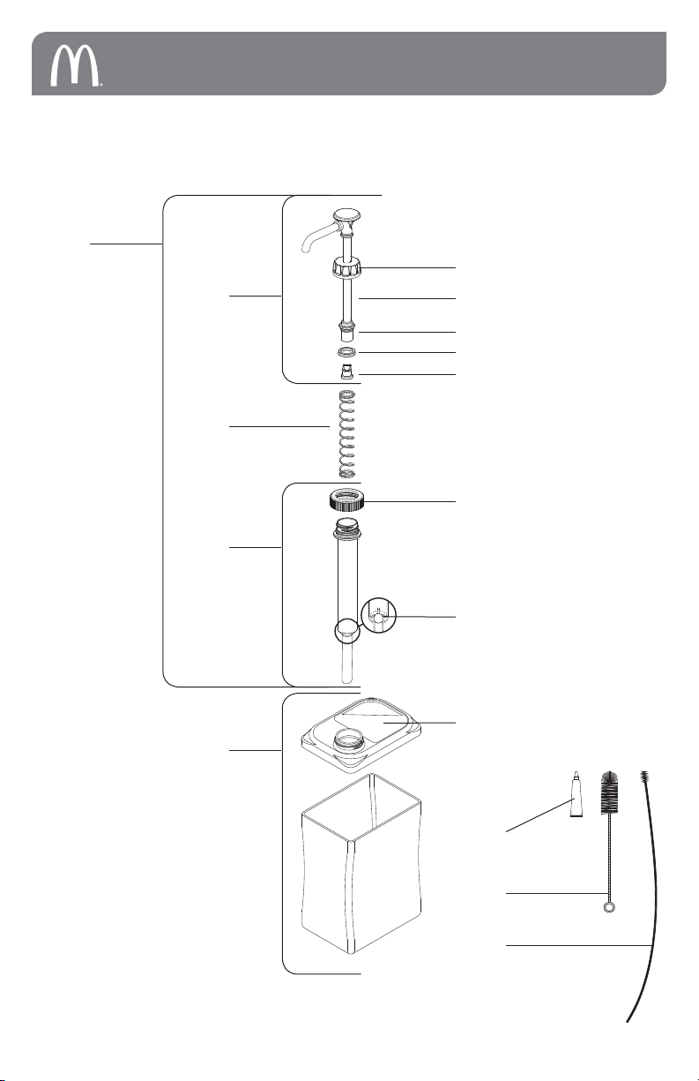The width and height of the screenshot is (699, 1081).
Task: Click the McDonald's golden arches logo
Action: [x=76, y=64]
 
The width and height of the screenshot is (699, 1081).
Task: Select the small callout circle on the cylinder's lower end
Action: [x=346, y=630]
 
